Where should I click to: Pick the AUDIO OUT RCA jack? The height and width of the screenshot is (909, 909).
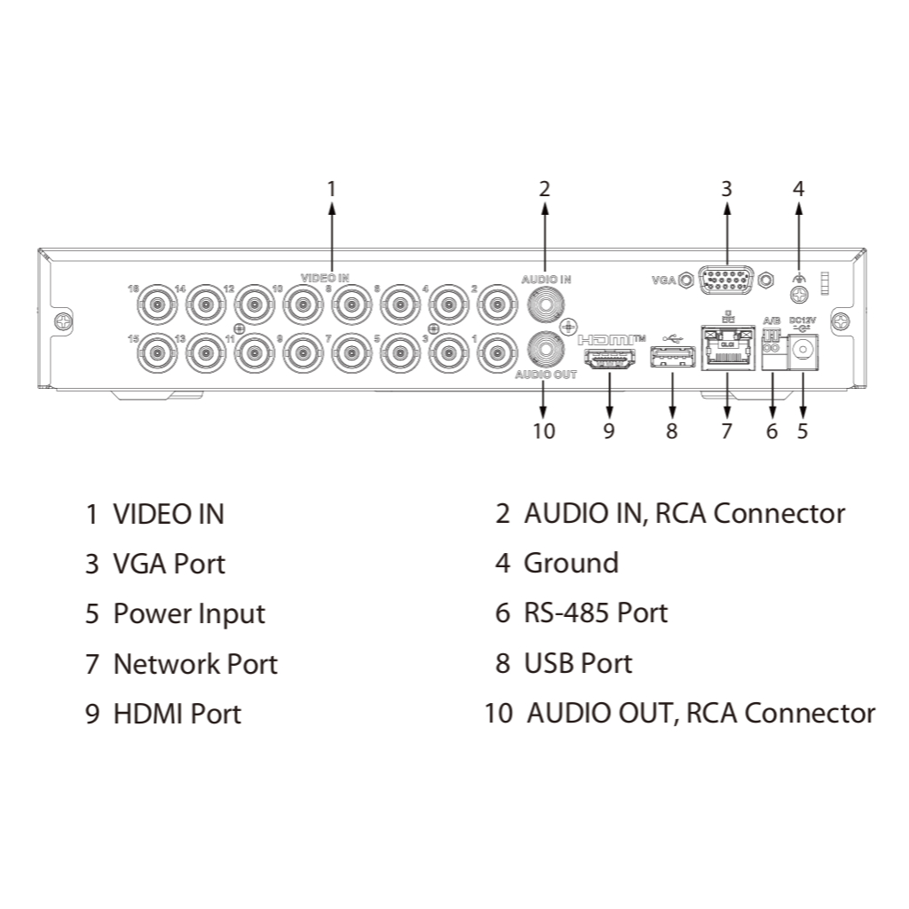[x=545, y=349]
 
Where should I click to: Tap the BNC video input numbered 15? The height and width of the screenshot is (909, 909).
[x=157, y=353]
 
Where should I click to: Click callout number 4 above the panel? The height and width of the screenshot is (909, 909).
[x=798, y=189]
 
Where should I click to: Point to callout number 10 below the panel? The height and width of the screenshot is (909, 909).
[x=543, y=431]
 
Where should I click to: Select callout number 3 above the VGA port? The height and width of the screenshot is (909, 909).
[x=726, y=189]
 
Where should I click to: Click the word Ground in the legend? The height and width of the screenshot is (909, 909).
[x=571, y=563]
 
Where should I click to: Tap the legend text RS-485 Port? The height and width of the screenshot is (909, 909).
[x=596, y=613]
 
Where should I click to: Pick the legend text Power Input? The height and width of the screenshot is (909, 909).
[x=189, y=613]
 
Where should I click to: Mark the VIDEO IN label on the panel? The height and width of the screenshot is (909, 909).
[x=325, y=278]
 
